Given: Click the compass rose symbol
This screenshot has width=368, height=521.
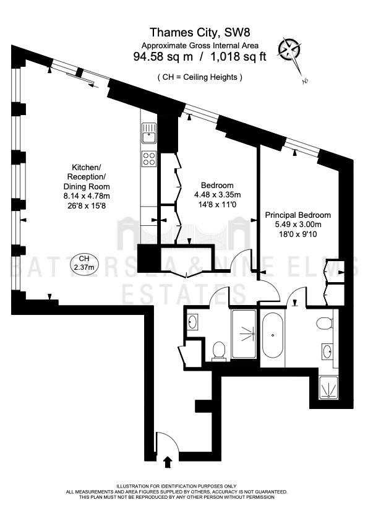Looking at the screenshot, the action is [x=290, y=50].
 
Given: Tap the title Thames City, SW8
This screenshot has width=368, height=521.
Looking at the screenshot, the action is [x=200, y=32].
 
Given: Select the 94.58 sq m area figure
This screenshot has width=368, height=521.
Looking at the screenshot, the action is [x=163, y=56].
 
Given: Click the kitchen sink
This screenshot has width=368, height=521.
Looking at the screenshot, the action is [x=149, y=133].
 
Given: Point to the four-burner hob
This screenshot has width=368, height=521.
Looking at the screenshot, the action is [x=149, y=158].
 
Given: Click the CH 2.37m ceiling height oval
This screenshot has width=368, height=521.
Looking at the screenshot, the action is [x=84, y=262].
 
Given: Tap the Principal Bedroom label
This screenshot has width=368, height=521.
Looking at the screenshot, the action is [x=298, y=215].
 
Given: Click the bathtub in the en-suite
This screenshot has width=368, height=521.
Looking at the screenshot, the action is [x=273, y=335].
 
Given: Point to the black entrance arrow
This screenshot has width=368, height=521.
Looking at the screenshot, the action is [x=168, y=462].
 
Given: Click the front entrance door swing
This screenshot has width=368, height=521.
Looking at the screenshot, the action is [x=168, y=442].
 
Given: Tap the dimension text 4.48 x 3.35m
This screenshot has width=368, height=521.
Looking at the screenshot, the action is [x=218, y=195].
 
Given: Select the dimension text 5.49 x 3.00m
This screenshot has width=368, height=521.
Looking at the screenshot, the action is [x=298, y=224].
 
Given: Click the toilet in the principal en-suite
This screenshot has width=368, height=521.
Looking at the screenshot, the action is [x=325, y=323].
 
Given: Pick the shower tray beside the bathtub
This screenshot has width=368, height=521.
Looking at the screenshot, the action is [x=244, y=334].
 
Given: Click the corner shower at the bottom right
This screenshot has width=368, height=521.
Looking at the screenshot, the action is [x=328, y=387].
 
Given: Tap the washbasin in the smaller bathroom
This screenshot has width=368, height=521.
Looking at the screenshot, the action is [x=192, y=322].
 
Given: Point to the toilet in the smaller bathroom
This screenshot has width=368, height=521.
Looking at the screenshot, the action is [x=218, y=351].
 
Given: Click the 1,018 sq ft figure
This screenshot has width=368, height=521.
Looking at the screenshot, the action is [x=239, y=56].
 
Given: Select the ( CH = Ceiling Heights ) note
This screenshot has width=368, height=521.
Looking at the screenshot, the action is [x=200, y=77].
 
